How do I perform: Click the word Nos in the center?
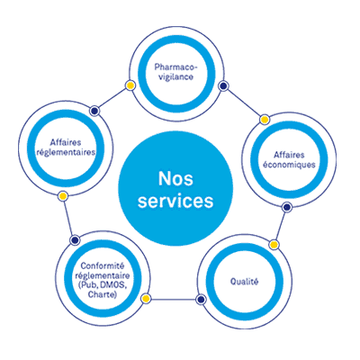175,179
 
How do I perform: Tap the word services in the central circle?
175,201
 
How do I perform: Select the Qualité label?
244,282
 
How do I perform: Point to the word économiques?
289,165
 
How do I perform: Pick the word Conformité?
103,265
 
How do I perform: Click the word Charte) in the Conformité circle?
103,294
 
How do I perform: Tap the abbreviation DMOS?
110,285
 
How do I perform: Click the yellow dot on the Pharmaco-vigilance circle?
130,85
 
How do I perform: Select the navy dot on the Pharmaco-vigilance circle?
223,86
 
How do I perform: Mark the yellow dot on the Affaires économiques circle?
265,120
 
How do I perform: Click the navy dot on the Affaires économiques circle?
287,207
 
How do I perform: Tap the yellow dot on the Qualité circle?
274,245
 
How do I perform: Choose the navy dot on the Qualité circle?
201,299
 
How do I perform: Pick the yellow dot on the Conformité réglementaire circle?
146,299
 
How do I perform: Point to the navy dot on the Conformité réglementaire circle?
75,240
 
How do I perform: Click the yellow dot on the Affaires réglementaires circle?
63,196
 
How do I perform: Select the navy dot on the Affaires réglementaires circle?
94,111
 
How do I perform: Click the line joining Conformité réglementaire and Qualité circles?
173,299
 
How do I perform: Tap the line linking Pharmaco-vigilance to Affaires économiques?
244,103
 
